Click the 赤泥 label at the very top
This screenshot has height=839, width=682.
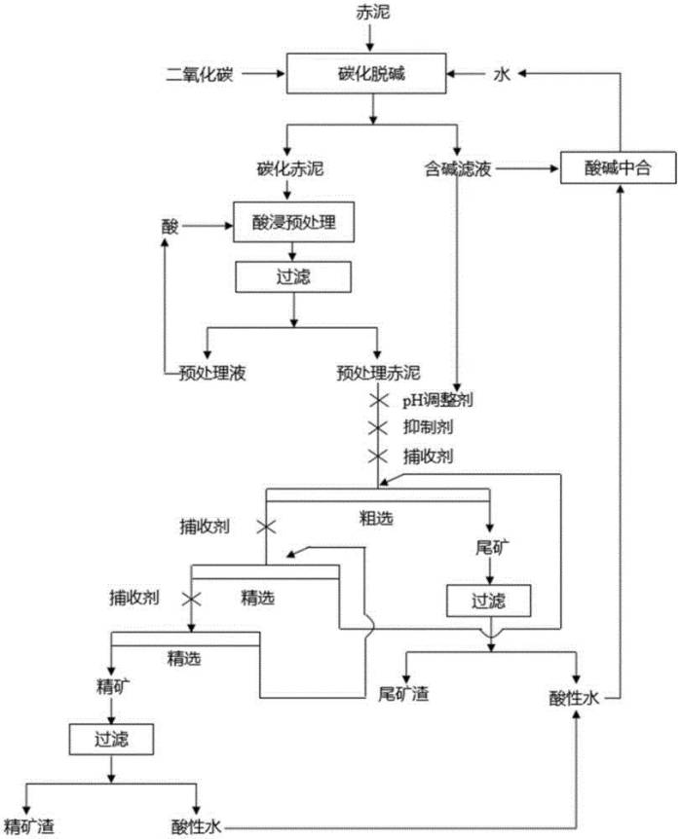373,12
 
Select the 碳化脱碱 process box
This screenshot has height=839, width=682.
366,73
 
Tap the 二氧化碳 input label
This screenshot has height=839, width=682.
200,74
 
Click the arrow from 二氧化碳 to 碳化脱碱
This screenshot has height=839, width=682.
263,74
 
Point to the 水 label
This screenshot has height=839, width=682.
502,74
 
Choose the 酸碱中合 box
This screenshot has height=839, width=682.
619,168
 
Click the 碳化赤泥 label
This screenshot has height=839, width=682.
290,169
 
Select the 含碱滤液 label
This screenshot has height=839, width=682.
458,169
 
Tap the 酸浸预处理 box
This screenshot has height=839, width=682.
293,222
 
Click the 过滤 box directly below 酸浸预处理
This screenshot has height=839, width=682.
293,276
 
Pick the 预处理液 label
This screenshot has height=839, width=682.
212,373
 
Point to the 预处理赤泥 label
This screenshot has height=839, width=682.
378,373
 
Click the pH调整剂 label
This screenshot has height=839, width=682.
437,400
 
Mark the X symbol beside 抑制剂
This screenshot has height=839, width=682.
378,427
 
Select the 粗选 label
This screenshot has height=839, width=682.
376,518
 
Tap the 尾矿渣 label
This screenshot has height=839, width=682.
403,694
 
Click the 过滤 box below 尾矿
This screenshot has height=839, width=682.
488,601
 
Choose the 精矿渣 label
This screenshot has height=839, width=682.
29,826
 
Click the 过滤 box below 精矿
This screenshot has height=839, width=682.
111,740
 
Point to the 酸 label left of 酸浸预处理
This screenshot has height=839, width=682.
170,227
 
